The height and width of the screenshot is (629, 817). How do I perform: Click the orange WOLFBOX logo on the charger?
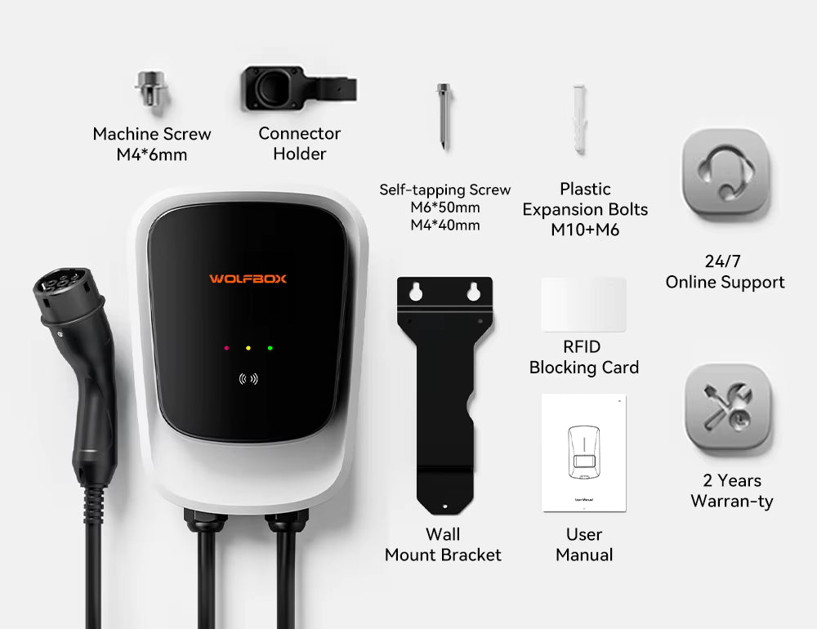click(x=248, y=279)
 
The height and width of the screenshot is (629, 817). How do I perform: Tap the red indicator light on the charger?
click(x=226, y=348)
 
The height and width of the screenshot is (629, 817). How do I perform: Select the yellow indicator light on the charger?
click(x=248, y=348)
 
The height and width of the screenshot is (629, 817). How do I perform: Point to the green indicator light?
click(x=270, y=348)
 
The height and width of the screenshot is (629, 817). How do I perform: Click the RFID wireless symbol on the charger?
click(x=248, y=379)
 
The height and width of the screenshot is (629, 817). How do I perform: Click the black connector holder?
click(x=298, y=88)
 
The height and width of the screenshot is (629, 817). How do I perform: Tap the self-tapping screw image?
click(x=444, y=116)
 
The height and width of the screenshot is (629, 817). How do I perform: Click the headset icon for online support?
click(x=725, y=172)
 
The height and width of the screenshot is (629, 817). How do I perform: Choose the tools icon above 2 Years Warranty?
click(x=728, y=407)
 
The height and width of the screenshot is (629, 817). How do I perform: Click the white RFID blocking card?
click(x=583, y=305)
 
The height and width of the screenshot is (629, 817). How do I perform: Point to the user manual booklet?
click(x=584, y=453)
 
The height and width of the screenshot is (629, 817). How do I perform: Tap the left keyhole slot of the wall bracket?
click(x=416, y=292)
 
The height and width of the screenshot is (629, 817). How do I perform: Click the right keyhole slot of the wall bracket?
click(x=473, y=292)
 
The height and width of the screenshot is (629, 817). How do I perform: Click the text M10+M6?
click(x=585, y=230)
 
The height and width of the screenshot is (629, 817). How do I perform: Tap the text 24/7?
click(x=723, y=261)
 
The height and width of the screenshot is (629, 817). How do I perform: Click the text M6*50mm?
click(x=445, y=207)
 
